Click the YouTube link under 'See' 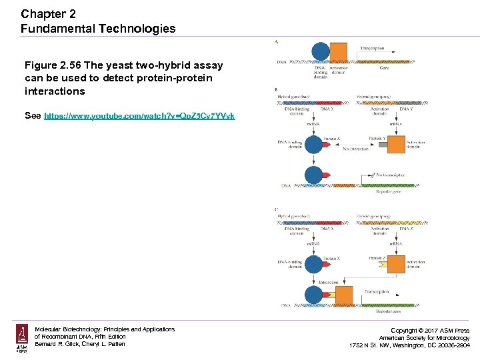coord(139,116)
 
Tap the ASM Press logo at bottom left coord(22,339)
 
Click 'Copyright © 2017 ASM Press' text coord(430,331)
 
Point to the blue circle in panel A coord(321,52)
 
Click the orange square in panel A coord(339,53)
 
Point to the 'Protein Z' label coord(378,258)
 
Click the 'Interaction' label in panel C coord(329,282)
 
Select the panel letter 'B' coord(277,89)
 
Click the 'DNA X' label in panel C coord(327,229)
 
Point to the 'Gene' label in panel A coord(385,67)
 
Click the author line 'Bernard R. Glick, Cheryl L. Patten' coord(80,344)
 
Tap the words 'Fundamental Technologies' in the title coord(98,29)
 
